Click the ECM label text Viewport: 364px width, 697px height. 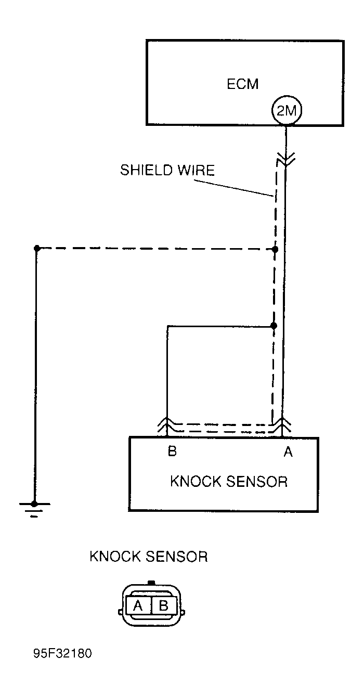243,84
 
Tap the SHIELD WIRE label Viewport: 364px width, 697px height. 167,170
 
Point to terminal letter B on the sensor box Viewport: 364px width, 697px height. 172,451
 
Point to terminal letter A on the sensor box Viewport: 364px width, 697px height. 288,452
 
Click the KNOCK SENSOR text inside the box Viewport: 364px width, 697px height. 228,481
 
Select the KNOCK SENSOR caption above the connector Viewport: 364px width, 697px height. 149,557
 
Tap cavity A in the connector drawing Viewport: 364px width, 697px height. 138,605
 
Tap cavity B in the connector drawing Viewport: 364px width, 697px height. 163,605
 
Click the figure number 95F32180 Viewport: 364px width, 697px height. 62,668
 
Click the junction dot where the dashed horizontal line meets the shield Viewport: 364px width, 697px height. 275,250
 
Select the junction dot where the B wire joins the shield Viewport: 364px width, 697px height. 274,326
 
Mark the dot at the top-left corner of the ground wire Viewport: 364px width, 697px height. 36,249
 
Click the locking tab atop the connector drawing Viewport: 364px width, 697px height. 151,583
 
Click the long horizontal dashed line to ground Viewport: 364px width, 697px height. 156,249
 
